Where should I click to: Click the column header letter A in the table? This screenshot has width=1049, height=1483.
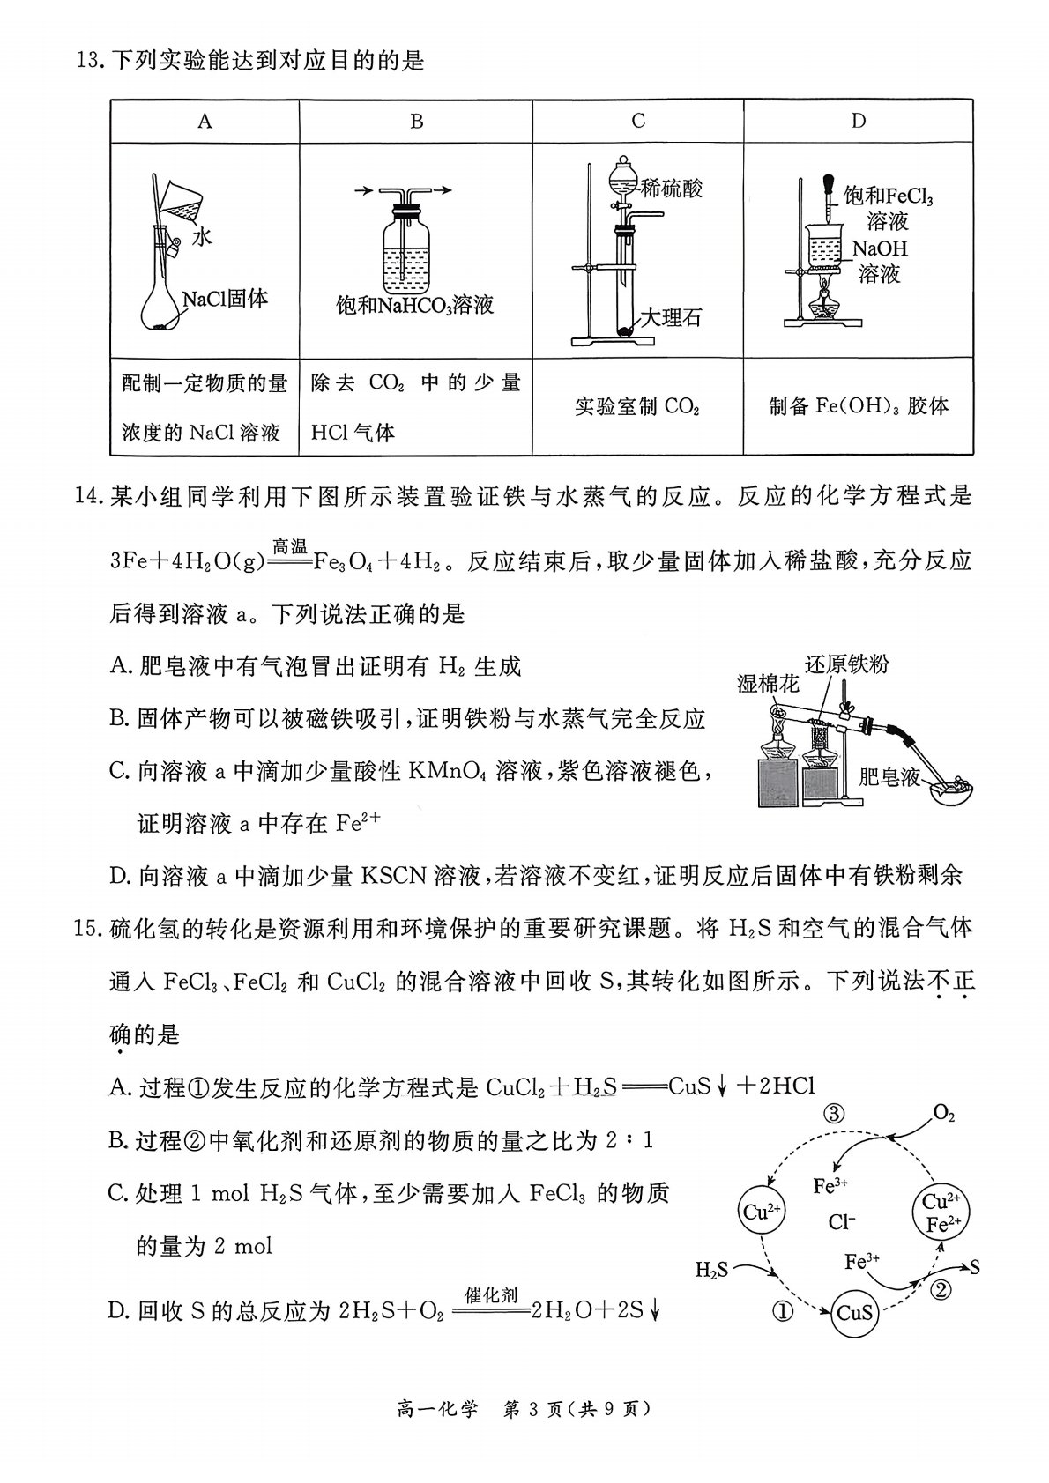[205, 121]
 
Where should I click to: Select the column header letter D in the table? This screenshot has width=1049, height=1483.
[859, 121]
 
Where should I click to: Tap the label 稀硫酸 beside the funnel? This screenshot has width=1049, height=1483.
[671, 189]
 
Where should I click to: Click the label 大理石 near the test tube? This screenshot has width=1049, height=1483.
[671, 317]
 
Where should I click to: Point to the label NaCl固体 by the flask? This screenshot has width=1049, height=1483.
[225, 299]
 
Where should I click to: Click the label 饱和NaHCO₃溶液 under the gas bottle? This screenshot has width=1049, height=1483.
[415, 305]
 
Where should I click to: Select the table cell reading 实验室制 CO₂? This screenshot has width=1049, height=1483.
[637, 406]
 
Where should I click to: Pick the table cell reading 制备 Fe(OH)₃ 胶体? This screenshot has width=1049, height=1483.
[859, 405]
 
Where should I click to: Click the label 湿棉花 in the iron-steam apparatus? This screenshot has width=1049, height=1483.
[768, 684]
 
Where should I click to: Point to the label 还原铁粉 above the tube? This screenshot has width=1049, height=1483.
[846, 664]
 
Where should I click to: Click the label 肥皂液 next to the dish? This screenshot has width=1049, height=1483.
[889, 776]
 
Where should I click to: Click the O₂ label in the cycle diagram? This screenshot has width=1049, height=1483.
[943, 1114]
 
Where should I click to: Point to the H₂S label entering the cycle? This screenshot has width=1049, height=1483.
[712, 1269]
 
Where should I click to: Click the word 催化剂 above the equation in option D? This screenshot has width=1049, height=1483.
[491, 1295]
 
